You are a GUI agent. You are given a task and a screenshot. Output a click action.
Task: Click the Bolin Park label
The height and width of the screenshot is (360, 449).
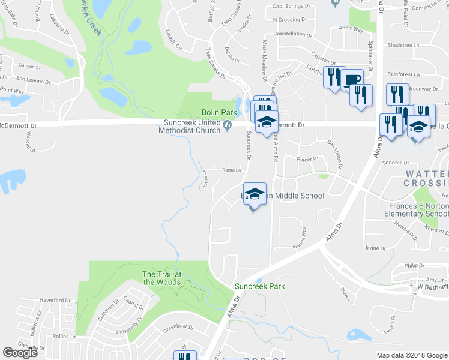pyautogui.click(x=218, y=112)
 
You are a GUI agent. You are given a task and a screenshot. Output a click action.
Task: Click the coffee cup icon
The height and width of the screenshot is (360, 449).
pyautogui.click(x=352, y=79)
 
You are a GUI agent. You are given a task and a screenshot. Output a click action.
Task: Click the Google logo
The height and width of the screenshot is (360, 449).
pyautogui.click(x=20, y=353)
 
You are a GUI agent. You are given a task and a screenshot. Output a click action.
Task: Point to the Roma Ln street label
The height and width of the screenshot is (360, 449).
pyautogui.click(x=231, y=170)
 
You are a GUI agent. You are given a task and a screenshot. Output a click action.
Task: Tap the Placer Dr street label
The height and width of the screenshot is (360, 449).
pyautogui.click(x=307, y=159)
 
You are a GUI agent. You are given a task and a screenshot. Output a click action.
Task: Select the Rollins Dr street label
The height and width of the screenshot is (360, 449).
pyautogui.click(x=62, y=337)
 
